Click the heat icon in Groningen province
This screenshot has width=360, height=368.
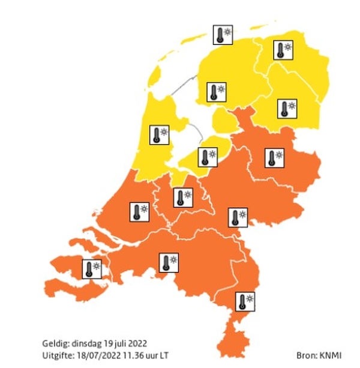click(x=283, y=49)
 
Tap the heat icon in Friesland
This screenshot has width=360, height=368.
click(x=216, y=92)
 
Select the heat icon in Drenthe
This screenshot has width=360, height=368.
click(x=287, y=109)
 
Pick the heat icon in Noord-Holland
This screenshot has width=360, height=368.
click(x=160, y=134)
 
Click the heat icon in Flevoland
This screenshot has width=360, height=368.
click(x=208, y=157)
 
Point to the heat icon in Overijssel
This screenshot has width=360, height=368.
click(x=274, y=158)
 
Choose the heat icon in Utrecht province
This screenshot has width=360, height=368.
click(x=183, y=197)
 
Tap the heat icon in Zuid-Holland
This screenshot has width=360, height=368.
click(x=140, y=212)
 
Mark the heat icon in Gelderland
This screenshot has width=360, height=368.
click(x=238, y=217)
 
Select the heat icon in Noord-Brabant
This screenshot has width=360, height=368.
click(x=169, y=262)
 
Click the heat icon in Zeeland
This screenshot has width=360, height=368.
click(x=92, y=268)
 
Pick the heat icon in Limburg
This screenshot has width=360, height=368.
click(x=245, y=301)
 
